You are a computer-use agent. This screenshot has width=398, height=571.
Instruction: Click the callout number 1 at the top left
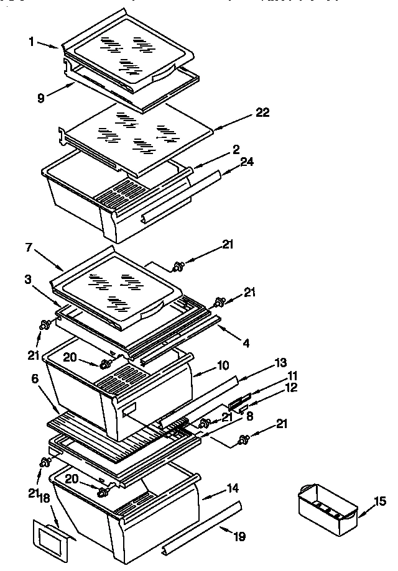[x=31, y=42]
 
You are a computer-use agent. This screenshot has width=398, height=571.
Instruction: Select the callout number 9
[x=41, y=98]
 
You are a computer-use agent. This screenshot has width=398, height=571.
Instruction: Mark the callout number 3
[x=29, y=280]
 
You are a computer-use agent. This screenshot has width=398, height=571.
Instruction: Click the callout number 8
[x=249, y=417]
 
